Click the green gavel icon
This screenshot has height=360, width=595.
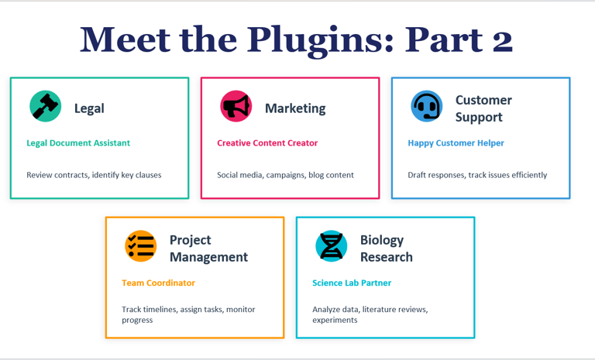point(45,106)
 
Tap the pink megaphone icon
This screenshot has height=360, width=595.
point(236,106)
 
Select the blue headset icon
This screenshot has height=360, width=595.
point(426,106)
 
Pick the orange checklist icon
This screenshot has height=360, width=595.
point(140,246)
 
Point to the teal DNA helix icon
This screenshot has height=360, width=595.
point(331,246)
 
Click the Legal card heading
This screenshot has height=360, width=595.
point(89,108)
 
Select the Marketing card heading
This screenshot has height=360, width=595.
point(295,108)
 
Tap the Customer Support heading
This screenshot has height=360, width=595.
point(483,108)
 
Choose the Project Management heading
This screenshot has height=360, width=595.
point(208,249)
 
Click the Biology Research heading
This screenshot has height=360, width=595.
point(386,249)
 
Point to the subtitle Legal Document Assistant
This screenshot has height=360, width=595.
point(78,143)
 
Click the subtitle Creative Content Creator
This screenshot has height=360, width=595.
point(267,143)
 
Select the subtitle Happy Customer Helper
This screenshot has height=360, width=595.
point(456,143)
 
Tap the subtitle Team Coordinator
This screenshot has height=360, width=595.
point(158,283)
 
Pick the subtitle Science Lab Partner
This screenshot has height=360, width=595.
point(352,283)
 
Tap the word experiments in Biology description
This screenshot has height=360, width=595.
point(335,320)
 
